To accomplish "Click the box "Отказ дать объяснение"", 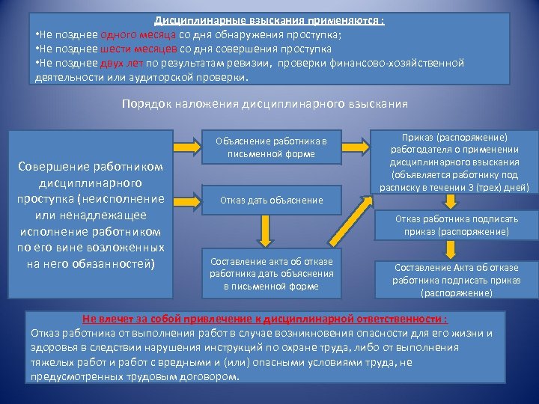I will pyautogui.click(x=271, y=200).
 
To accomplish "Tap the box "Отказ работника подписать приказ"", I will pyautogui.click(x=457, y=225).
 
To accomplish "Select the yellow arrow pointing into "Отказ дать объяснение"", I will pyautogui.click(x=183, y=199).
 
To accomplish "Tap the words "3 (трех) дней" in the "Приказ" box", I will pyautogui.click(x=494, y=187).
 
